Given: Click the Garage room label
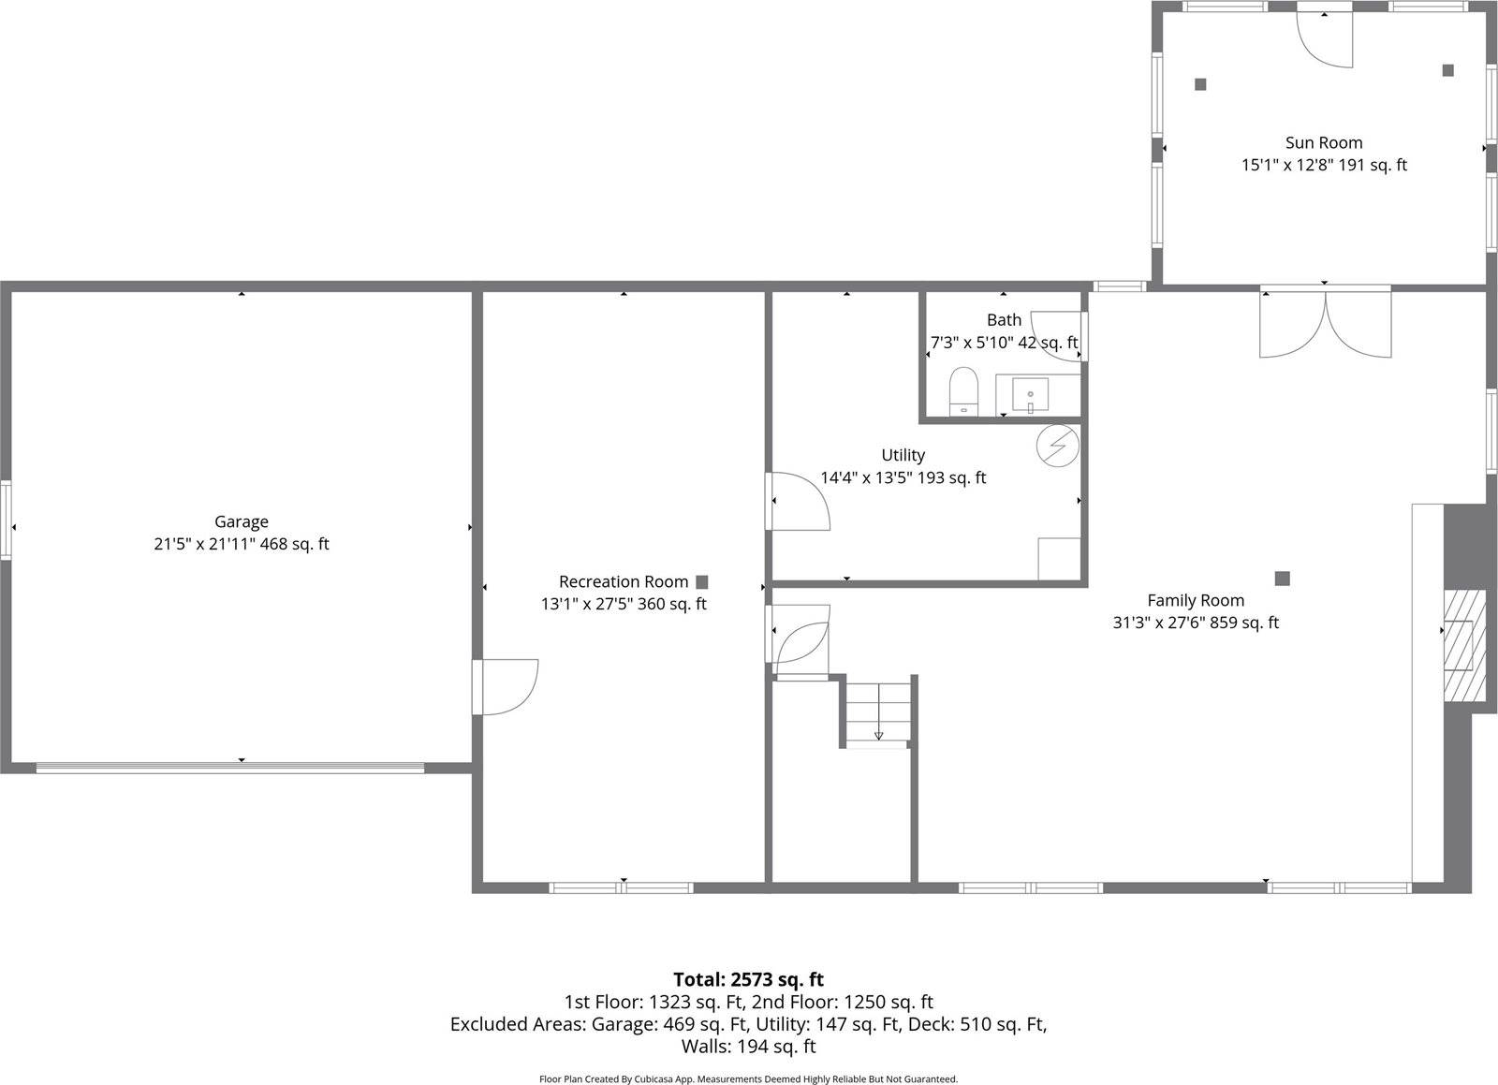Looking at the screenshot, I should coord(242,522).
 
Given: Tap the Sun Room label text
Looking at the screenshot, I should coord(1323,143).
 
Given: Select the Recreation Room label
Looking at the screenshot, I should coord(623,582).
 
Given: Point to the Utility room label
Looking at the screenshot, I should coord(903,456).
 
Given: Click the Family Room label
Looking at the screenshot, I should coord(1196,601).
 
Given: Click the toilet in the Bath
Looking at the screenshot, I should coord(963,390).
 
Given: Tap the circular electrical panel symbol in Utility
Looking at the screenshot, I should coord(1057,447).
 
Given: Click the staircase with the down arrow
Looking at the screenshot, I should coord(878,713).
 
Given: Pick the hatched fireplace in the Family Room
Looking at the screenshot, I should coord(1463,645).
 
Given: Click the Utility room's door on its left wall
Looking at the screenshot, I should coord(798,501).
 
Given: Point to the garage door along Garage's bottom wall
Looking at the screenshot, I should coord(230,769).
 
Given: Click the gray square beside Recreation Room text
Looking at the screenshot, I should coord(701,582).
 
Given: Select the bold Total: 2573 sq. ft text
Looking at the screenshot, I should coord(748,980).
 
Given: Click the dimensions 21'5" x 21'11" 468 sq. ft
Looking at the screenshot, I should coord(242,544).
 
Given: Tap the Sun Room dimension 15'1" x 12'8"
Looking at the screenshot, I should coord(1323,166).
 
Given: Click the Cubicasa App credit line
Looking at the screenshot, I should coord(748,1079).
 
